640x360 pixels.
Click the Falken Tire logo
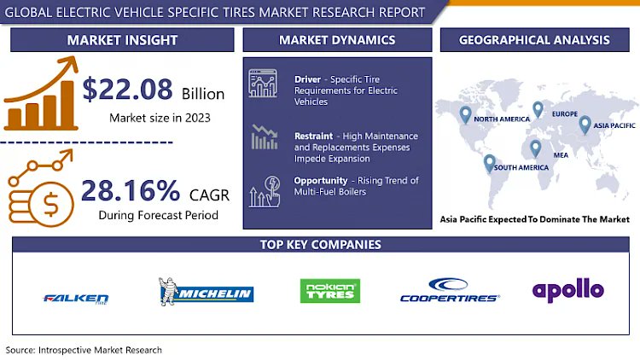point(76,298)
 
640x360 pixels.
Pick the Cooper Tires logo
point(450,292)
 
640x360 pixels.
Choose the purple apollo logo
point(567,290)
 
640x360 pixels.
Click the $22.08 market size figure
point(128,90)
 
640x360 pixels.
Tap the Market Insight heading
point(122,40)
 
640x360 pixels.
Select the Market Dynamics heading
point(337,40)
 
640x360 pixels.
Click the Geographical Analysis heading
point(534,40)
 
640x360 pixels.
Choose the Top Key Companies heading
point(320,245)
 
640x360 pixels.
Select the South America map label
point(521,167)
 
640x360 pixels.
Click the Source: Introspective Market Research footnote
point(84,350)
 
